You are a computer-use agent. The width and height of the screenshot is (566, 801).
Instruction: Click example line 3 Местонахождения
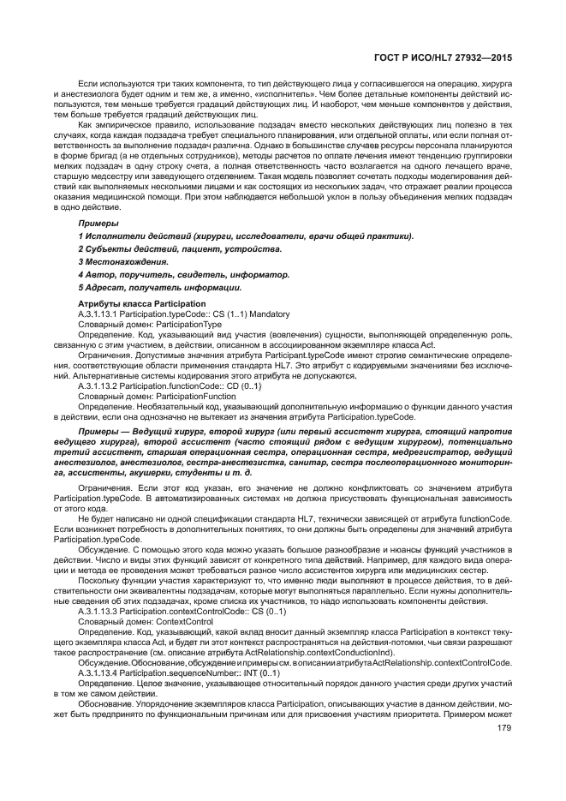click(123, 261)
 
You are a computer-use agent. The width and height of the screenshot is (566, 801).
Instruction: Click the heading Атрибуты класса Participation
click(141, 304)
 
